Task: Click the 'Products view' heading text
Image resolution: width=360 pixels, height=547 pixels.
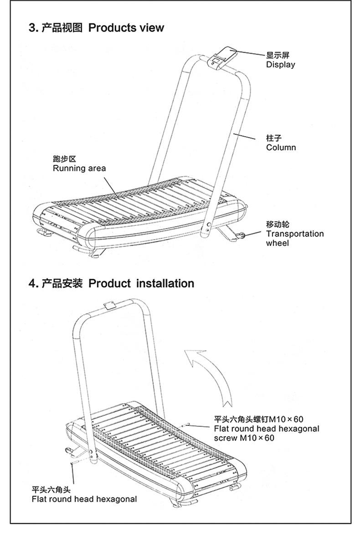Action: (x=126, y=28)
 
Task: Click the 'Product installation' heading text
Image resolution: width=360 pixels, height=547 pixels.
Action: (x=141, y=283)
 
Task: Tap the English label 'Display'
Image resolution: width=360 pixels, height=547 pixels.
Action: (x=280, y=65)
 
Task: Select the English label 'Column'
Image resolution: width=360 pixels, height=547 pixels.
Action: (x=281, y=148)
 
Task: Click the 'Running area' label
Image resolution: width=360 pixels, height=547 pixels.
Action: (x=79, y=168)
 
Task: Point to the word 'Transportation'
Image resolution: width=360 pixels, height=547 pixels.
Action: (x=295, y=234)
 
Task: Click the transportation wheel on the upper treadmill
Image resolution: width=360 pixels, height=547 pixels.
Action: (x=242, y=235)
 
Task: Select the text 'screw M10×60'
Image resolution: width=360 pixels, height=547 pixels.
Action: (x=244, y=438)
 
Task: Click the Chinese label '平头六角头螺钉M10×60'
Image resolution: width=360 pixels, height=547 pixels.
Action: (x=258, y=419)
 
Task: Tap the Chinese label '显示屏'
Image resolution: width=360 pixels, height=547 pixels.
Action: (x=278, y=55)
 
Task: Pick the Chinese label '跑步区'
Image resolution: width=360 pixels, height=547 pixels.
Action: (x=64, y=159)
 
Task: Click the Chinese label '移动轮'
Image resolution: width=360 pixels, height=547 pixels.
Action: (x=278, y=225)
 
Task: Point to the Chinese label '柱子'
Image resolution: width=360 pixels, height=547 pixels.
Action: (x=274, y=138)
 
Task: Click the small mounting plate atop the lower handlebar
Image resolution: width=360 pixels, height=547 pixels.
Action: (x=109, y=305)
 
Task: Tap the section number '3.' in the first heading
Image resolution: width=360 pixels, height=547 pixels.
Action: (x=33, y=28)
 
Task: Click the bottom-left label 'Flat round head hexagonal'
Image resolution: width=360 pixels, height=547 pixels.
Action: (x=84, y=499)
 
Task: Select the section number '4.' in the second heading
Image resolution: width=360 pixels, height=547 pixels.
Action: (x=33, y=283)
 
